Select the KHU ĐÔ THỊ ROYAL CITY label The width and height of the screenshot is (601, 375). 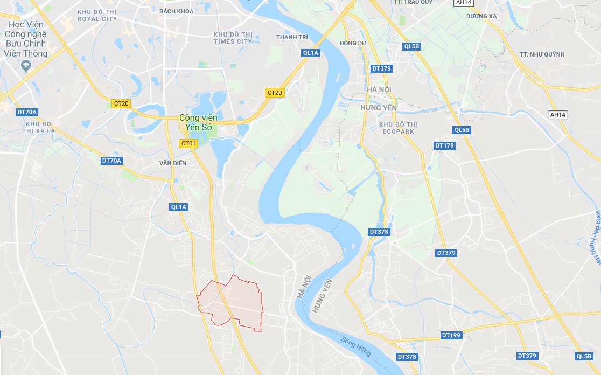click(x=97, y=15)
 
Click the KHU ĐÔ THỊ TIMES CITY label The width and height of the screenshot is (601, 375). click(x=233, y=38)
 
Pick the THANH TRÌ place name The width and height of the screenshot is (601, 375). click(x=292, y=37)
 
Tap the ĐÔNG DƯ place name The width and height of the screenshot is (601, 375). click(x=353, y=43)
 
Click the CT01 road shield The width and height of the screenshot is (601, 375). click(x=188, y=143)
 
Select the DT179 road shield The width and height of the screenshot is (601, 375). click(x=445, y=146)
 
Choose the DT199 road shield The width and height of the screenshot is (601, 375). click(x=451, y=335)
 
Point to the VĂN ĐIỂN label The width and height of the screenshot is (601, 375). click(x=172, y=163)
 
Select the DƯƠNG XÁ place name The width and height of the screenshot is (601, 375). click(x=481, y=16)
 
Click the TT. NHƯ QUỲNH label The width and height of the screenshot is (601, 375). click(x=542, y=54)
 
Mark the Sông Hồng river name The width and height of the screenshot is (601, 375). click(x=356, y=345)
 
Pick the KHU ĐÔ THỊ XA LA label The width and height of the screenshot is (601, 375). click(x=38, y=127)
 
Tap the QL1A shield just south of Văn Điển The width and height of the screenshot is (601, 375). click(x=178, y=207)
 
